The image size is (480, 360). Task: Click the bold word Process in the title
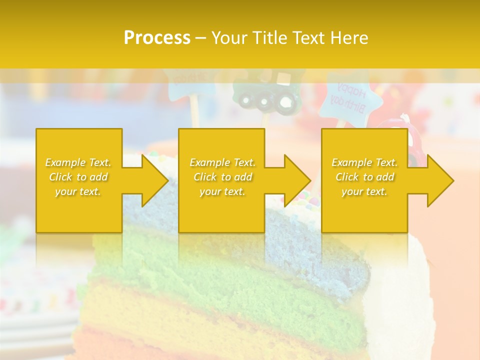tap(157, 38)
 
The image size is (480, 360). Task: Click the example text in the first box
tap(78, 176)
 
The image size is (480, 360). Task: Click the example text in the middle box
tap(222, 176)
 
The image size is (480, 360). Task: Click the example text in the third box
tap(364, 176)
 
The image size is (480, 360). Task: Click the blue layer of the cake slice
tap(310, 250)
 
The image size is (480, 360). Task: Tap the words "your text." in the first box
tap(78, 191)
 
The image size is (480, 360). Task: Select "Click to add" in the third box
tap(364, 177)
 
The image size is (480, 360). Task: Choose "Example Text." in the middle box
tap(222, 162)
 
